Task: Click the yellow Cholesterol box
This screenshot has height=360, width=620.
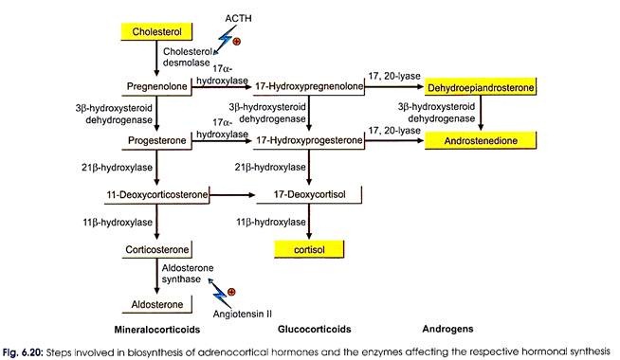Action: point(156,31)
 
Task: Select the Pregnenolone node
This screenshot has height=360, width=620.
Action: point(157,86)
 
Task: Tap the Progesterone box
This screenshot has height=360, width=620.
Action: point(157,140)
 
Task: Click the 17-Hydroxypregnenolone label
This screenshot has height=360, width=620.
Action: point(309,86)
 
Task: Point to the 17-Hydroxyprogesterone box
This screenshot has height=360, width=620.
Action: point(309,140)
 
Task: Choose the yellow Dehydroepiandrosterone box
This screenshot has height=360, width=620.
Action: point(481,87)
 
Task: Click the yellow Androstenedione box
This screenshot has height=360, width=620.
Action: point(481,140)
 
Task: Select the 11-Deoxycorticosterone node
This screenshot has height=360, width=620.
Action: point(157,195)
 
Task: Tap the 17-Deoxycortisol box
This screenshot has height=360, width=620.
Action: point(309,194)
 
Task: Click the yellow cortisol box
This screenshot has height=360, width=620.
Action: point(309,250)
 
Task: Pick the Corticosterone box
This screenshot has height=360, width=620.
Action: point(157,250)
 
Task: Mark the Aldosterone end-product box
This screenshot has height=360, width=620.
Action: point(157,304)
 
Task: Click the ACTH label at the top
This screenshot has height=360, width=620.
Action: point(238,19)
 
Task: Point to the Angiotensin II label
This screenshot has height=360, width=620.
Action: point(243,315)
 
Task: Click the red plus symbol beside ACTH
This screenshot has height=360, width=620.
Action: point(236,41)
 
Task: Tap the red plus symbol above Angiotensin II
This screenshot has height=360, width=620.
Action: point(231,292)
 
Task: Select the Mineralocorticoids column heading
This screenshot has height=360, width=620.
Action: point(157,330)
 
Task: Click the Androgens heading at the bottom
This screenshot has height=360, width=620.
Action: point(447,329)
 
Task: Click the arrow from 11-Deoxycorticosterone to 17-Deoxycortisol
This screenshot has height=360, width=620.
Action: point(232,195)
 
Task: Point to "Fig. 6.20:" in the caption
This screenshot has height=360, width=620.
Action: point(23,352)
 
